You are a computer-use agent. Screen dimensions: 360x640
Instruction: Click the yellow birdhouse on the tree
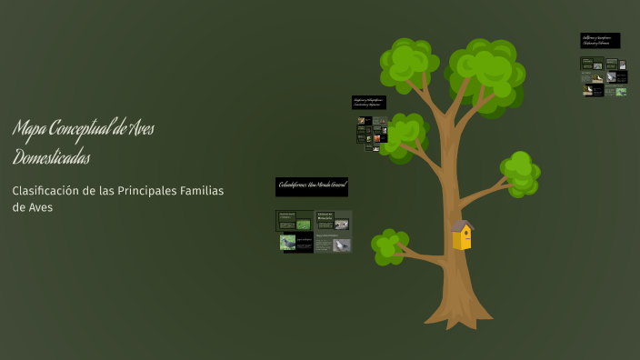point(463,236)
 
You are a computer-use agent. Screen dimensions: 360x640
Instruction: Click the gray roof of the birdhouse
point(463,225)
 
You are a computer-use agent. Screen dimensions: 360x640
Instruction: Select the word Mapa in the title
point(29,129)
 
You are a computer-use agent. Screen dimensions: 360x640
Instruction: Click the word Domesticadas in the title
point(51,157)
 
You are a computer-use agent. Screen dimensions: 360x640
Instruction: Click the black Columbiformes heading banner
point(312,186)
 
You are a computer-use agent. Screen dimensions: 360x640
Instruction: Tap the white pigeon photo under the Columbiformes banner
point(341,244)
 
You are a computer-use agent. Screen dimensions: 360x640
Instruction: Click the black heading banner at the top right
point(600,40)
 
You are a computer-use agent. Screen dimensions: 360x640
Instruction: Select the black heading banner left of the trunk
point(369,102)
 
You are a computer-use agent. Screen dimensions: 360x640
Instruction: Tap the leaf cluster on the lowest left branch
point(389,246)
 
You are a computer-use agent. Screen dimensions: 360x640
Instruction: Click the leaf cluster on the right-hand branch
point(520,172)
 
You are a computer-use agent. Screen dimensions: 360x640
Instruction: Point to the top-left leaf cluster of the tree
point(408,62)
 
